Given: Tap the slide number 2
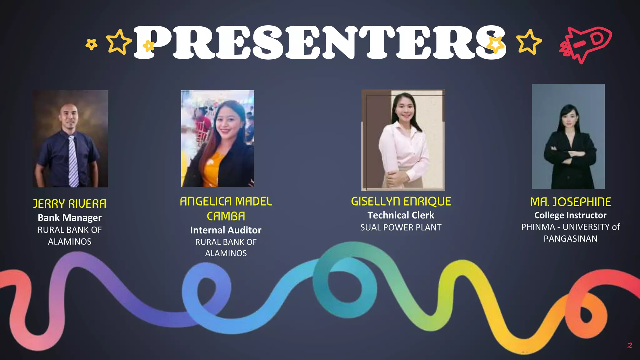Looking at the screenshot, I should [x=630, y=345].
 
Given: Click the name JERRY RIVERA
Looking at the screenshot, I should [x=70, y=204].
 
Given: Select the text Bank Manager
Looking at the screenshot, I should [x=70, y=217].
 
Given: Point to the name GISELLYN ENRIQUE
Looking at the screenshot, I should [x=401, y=202].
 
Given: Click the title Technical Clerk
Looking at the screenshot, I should [x=401, y=215].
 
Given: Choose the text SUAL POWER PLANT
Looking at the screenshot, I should [x=401, y=227].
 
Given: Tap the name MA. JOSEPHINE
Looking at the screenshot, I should [x=570, y=202].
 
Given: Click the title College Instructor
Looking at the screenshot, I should [x=570, y=215].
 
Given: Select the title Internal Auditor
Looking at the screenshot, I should [x=226, y=230].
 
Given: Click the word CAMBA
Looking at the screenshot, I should [x=226, y=216].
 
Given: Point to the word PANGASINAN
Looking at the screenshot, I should [x=570, y=239].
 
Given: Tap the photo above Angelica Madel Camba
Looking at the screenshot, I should [x=218, y=138].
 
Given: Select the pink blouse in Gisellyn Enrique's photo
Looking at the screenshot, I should [x=403, y=147].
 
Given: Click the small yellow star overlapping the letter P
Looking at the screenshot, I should [x=149, y=46].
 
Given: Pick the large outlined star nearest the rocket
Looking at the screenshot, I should [x=528, y=42].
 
